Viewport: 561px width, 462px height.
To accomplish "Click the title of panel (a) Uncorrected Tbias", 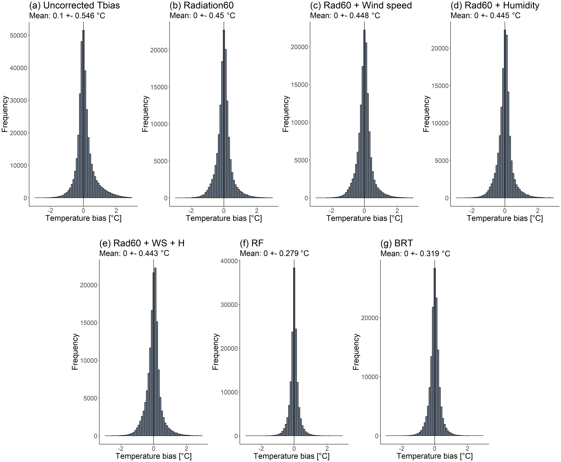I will tap(74, 5).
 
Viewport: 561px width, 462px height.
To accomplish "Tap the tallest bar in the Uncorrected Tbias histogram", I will tap(84, 114).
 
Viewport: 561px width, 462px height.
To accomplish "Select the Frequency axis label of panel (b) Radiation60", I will tap(145, 114).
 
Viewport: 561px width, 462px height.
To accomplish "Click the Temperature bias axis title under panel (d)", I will tap(505, 218).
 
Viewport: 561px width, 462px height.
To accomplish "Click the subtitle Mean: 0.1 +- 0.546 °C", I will tap(67, 15).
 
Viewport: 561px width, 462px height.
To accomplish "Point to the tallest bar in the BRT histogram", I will tap(435, 351).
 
